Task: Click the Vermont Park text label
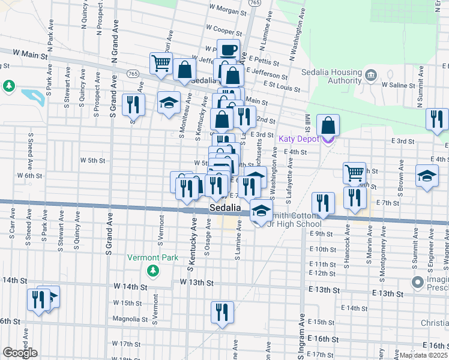point(152,257)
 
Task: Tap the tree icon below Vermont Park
point(153,271)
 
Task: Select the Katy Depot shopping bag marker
point(328,125)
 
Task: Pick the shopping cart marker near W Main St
point(161,63)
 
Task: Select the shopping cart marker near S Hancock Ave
point(354,173)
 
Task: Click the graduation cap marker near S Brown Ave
point(426,177)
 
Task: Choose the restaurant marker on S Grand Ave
point(133,105)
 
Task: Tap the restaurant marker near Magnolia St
point(222,312)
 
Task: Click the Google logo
point(20,353)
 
